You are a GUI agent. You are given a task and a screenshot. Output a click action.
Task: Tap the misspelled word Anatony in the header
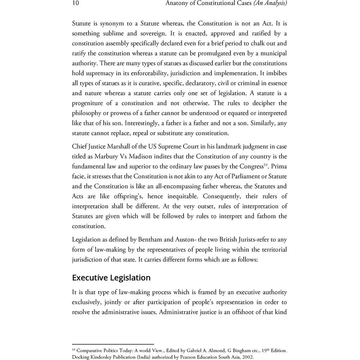pos(177,4)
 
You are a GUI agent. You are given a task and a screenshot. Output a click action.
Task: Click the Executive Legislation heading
pos(111,278)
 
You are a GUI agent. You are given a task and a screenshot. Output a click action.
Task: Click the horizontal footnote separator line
pos(113,345)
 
